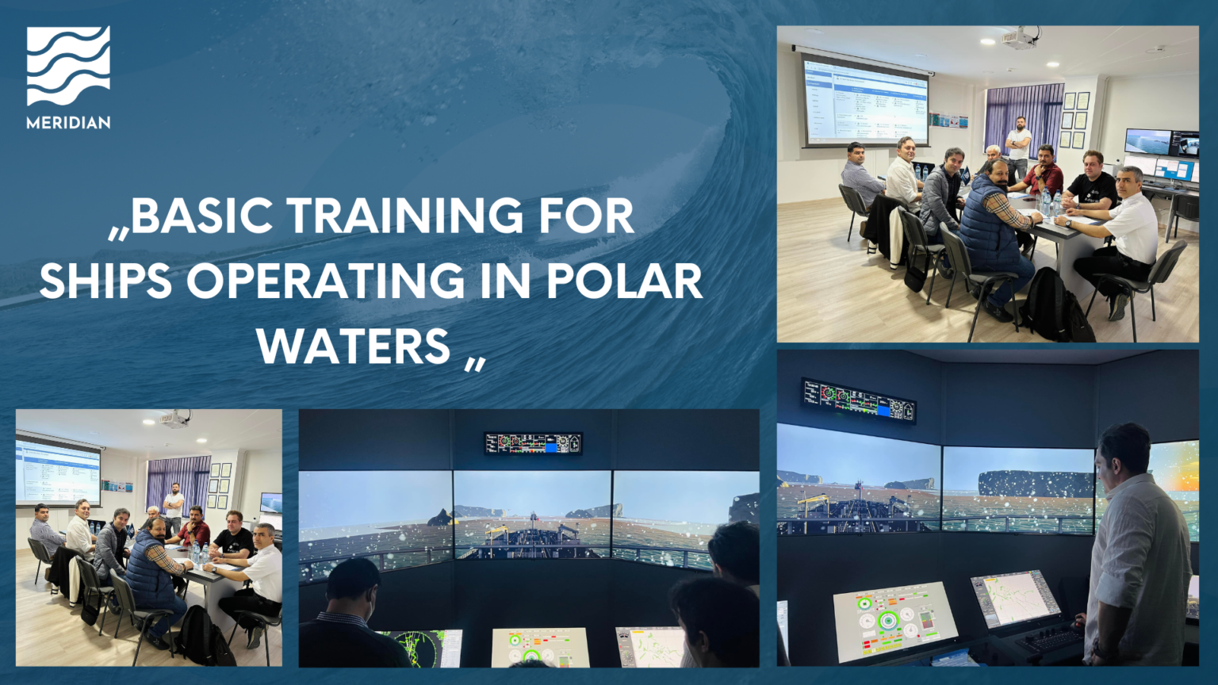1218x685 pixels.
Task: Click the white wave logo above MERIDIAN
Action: tap(68, 66)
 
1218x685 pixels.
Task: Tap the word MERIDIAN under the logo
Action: tap(68, 123)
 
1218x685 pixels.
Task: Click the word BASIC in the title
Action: tap(201, 216)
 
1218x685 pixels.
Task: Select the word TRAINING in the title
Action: tap(404, 216)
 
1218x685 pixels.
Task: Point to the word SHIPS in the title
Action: tap(105, 281)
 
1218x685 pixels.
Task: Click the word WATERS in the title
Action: tap(354, 346)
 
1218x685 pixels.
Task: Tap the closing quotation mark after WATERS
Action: tap(474, 364)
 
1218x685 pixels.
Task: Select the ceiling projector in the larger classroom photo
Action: tap(1021, 36)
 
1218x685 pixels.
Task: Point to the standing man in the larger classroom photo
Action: tap(1018, 146)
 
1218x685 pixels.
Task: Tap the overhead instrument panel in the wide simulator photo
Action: tap(533, 443)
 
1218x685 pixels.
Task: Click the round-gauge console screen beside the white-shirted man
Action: tap(894, 621)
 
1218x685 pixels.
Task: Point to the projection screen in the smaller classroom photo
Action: tap(58, 473)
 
